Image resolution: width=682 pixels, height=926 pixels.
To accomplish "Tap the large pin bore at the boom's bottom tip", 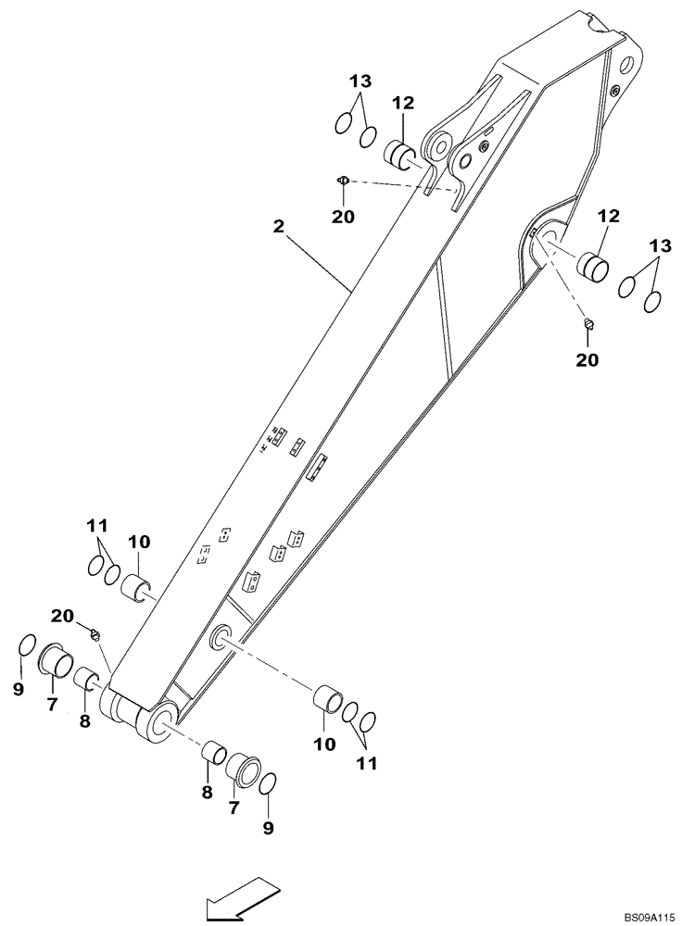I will (x=158, y=721).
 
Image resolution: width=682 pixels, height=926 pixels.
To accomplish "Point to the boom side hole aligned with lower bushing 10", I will (x=222, y=636).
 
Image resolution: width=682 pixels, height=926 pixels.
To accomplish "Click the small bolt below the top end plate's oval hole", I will (x=613, y=89).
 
